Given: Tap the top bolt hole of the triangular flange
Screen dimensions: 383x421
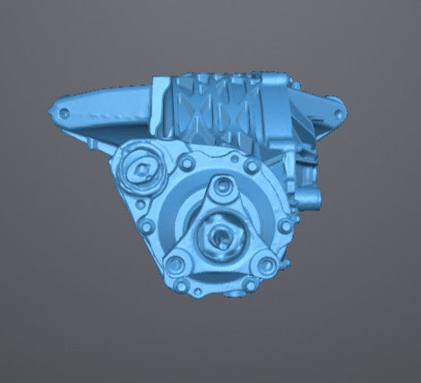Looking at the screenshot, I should tap(219, 187).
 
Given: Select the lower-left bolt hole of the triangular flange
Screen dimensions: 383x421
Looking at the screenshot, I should tap(176, 263).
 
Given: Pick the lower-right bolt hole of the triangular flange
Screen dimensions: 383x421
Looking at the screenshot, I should tap(265, 264).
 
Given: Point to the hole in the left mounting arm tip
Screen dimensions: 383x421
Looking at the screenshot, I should tap(63, 113).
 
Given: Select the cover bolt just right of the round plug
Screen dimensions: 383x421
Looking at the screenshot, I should tap(186, 164).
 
